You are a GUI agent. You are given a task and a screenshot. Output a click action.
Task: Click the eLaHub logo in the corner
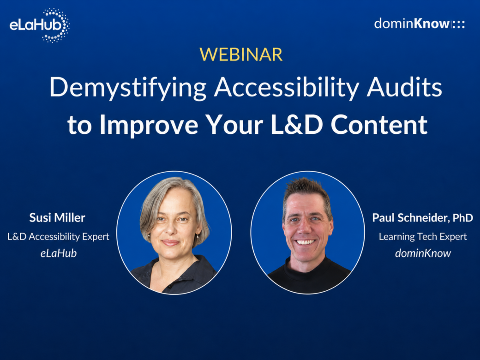40,25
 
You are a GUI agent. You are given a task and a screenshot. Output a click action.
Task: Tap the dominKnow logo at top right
420,24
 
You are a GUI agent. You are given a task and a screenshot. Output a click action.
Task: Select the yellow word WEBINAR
241,54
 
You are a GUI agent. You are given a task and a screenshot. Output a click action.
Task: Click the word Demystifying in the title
128,88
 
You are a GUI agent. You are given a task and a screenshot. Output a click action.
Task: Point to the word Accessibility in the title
286,88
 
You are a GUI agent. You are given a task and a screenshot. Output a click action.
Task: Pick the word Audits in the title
404,87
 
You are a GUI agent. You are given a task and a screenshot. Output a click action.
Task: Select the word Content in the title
379,124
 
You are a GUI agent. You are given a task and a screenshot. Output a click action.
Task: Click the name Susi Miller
57,218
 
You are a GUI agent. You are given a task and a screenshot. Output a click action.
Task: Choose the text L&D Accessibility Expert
58,237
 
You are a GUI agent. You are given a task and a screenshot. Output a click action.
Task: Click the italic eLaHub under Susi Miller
59,253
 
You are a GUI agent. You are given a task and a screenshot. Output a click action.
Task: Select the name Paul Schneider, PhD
422,218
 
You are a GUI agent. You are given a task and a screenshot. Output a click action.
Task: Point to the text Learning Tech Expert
423,237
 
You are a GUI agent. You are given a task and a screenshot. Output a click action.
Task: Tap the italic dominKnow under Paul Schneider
423,253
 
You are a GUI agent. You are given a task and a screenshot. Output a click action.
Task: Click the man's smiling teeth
305,242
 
